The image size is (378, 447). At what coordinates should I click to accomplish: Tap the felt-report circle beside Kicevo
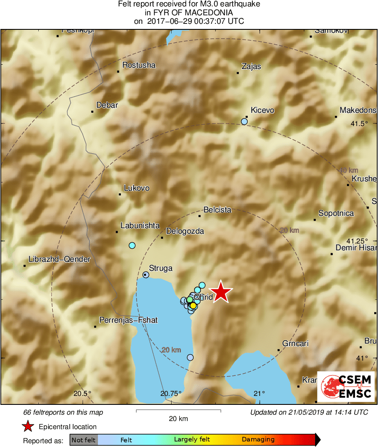coord(244,121)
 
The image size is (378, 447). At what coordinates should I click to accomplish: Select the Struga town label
coord(160,268)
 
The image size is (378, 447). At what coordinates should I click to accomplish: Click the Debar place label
coord(107,105)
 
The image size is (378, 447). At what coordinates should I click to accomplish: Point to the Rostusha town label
coord(139,65)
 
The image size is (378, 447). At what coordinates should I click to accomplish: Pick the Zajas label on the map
coord(251,66)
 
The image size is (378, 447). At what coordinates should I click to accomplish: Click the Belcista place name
coord(218,210)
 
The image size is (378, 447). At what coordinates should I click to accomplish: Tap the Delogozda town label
coord(185,232)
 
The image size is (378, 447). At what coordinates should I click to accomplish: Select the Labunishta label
coord(140,226)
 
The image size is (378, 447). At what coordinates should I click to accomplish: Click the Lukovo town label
coord(136,188)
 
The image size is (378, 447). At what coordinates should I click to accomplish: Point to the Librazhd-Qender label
coord(59,259)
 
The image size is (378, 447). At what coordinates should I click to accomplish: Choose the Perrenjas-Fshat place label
coord(128,320)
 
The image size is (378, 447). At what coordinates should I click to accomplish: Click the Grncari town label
coord(295,344)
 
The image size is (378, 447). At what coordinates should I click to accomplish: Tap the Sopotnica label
coord(336,213)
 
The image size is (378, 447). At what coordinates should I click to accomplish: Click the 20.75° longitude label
coord(172,393)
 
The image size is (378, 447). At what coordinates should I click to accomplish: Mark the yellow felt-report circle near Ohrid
coord(193,305)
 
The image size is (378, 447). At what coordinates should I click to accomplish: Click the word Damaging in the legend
coord(258,439)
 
